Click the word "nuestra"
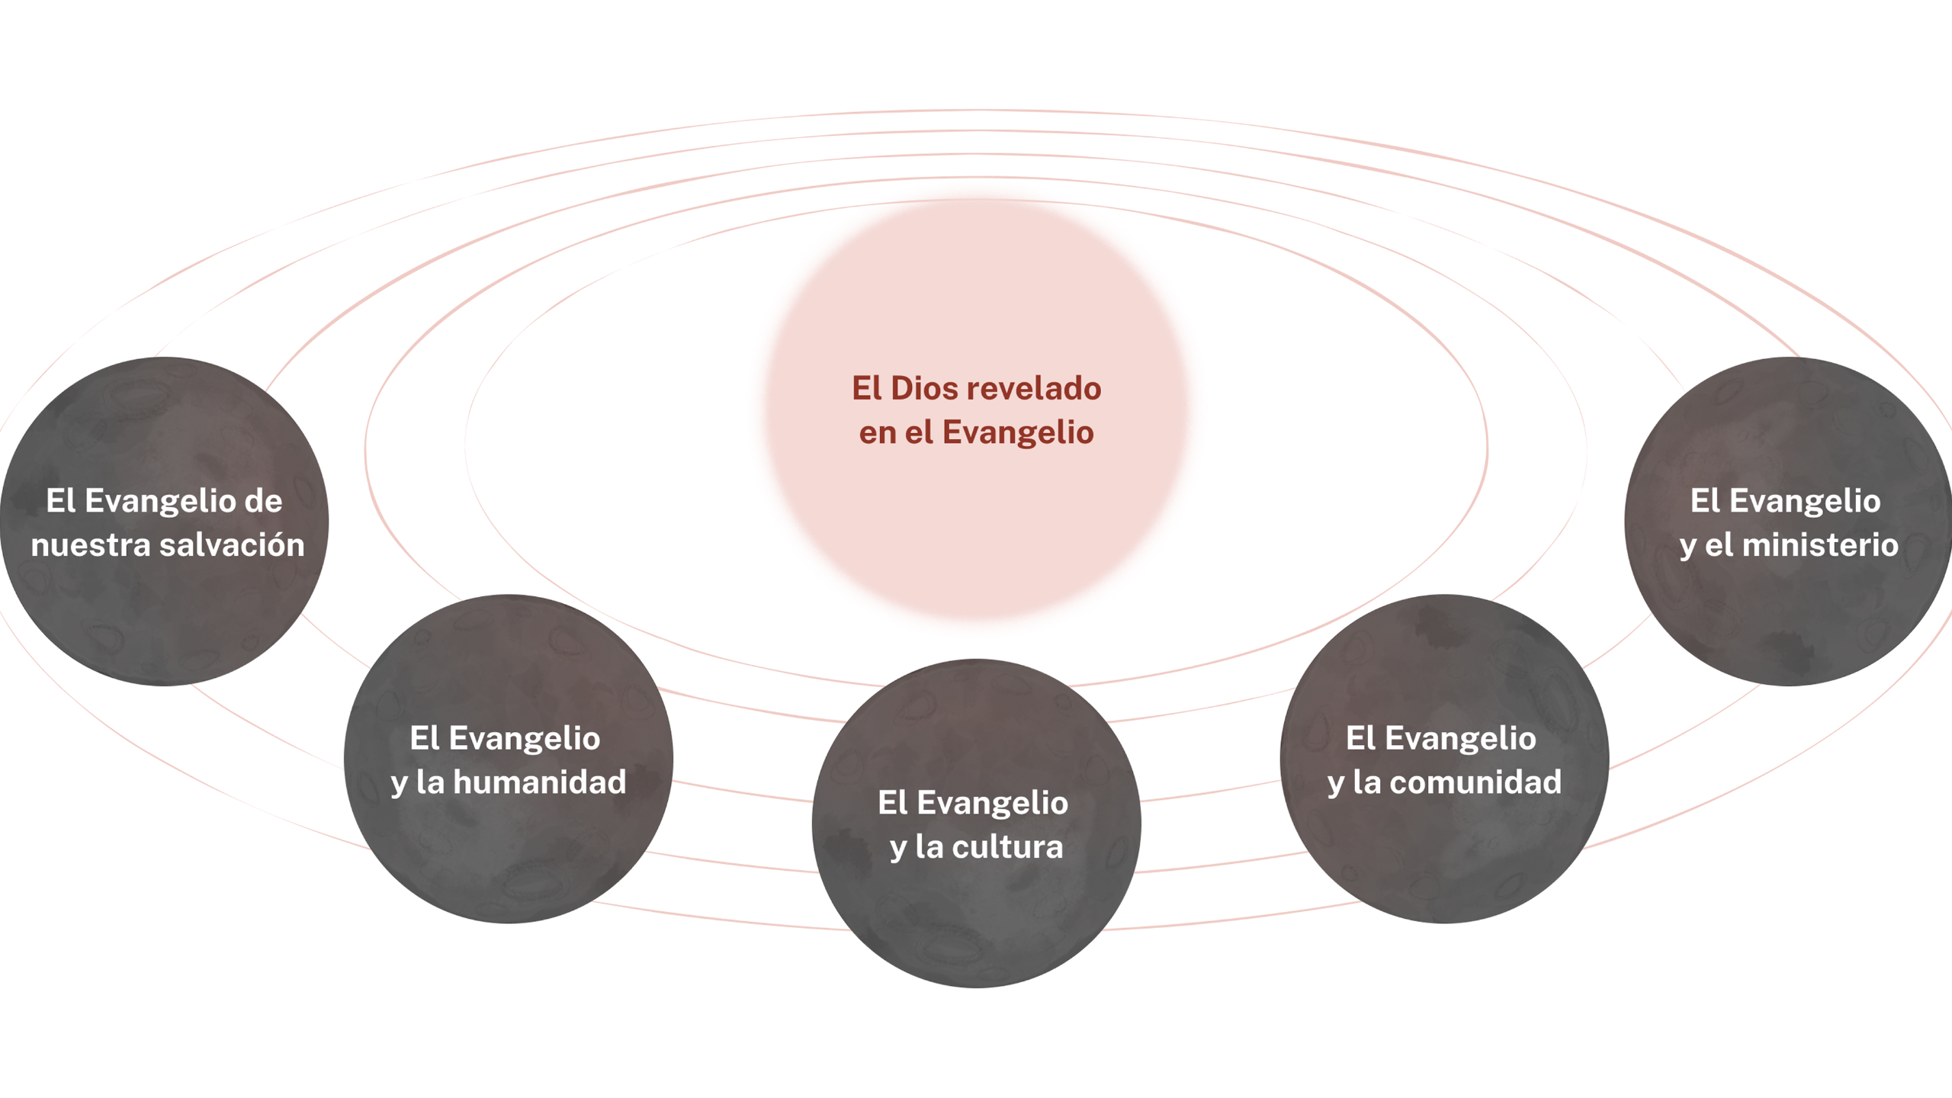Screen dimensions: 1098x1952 pyautogui.click(x=91, y=545)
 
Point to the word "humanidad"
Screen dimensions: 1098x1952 pyautogui.click(x=540, y=782)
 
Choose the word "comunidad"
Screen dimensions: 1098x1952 pyautogui.click(x=1475, y=782)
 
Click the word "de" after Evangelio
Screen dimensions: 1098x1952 pyautogui.click(x=263, y=501)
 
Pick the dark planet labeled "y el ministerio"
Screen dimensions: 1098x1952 pyautogui.click(x=1788, y=610)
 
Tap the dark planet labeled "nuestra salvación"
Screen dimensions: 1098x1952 pyautogui.click(x=164, y=610)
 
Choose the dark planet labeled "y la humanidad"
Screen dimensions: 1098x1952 pyautogui.click(x=508, y=846)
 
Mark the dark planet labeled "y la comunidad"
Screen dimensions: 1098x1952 pyautogui.click(x=1444, y=846)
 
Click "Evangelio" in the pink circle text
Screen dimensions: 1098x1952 pyautogui.click(x=1017, y=433)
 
